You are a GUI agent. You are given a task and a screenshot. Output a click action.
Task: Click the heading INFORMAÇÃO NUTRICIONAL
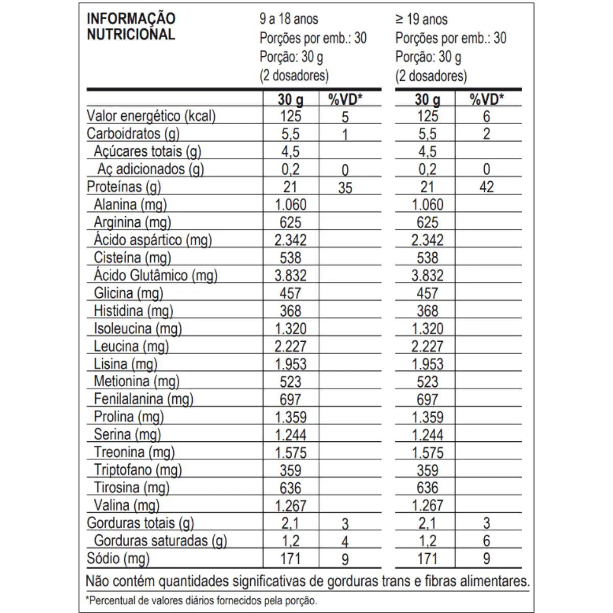131,27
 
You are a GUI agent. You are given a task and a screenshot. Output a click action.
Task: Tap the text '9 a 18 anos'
289,19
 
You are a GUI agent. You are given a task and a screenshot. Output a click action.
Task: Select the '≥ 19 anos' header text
421,19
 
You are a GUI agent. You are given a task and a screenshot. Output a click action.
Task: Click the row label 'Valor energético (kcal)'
151,116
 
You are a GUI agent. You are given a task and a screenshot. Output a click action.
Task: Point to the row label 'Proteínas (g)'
124,187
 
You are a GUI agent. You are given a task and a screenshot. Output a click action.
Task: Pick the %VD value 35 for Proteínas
345,188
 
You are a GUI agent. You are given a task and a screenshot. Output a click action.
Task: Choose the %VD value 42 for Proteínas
486,187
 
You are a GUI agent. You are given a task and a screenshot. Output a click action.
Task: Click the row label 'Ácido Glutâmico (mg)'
156,276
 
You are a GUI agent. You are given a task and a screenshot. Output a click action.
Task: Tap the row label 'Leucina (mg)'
131,346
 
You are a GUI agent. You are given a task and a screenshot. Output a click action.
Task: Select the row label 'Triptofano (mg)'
138,470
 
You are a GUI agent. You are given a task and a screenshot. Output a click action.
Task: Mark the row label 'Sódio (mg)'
119,558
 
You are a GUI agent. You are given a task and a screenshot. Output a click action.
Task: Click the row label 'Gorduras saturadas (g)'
160,540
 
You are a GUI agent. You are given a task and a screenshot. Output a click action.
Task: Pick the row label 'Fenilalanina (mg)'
144,399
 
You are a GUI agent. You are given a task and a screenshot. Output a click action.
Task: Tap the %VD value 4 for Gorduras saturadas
345,541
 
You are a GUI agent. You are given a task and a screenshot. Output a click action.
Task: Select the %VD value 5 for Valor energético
345,117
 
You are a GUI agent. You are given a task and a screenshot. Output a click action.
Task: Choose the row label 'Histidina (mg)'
133,311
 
